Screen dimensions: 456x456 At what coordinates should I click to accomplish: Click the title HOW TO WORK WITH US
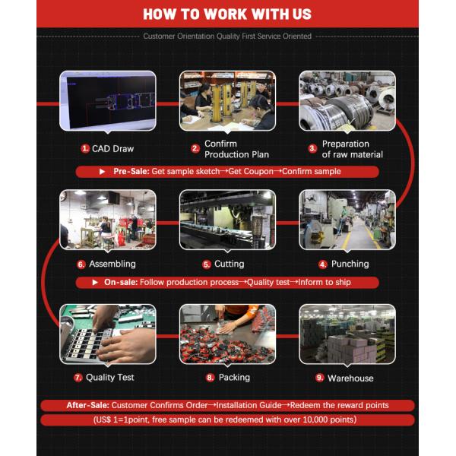[227, 14]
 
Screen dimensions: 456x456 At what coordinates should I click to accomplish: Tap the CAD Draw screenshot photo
[108, 101]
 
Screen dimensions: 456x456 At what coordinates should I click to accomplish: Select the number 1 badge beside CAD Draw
[85, 149]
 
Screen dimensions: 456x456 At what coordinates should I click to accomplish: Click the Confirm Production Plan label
[236, 149]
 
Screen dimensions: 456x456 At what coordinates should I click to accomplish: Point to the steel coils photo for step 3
[347, 101]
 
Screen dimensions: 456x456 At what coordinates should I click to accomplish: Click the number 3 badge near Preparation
[312, 149]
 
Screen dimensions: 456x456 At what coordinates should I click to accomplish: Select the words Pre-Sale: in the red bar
[131, 171]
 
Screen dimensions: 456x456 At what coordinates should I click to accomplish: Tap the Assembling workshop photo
[108, 220]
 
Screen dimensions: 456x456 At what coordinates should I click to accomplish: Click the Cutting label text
[230, 264]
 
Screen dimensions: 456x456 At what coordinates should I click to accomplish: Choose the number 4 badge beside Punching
[323, 264]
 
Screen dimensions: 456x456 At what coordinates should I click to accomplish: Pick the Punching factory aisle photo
[347, 220]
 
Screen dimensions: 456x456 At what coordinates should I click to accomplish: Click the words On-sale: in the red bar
[121, 282]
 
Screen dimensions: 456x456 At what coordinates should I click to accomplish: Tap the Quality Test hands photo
[108, 334]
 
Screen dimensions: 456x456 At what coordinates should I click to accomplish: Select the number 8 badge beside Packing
[210, 378]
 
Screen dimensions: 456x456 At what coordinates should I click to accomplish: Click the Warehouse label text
[350, 378]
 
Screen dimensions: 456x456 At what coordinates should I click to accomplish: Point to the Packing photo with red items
[228, 334]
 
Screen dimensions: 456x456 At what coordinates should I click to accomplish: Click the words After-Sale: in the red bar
[88, 405]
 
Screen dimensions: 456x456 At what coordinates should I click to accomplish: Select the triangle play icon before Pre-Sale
[102, 171]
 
